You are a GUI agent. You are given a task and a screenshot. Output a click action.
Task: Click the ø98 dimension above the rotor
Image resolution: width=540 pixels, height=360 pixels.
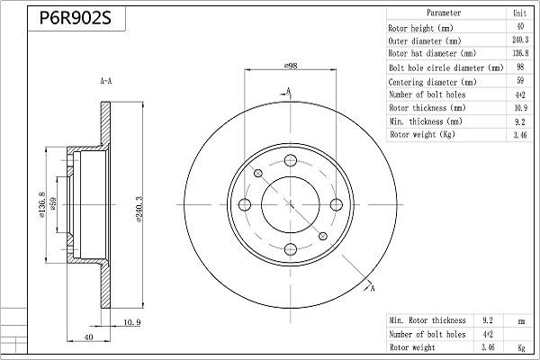(291, 67)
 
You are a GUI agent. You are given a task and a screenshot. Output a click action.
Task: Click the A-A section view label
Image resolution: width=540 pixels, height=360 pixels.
(105, 82)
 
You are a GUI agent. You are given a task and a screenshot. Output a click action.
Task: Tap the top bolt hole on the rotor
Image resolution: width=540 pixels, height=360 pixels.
(291, 161)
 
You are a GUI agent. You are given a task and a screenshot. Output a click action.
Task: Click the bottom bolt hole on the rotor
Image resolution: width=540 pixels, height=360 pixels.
(291, 248)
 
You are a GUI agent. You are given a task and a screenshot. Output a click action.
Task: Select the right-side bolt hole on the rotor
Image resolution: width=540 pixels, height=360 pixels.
(334, 205)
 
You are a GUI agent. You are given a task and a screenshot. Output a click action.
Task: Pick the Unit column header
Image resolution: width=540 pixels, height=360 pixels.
(519, 14)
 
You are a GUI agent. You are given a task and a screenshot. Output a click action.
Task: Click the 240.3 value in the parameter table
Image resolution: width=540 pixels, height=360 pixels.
(519, 40)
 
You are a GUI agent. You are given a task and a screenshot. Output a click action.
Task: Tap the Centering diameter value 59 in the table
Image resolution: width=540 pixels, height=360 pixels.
(519, 81)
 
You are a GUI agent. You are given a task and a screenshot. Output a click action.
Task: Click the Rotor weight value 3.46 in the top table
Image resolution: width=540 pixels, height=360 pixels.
(519, 134)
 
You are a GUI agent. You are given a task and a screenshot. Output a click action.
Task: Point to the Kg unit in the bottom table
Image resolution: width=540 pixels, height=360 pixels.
(521, 346)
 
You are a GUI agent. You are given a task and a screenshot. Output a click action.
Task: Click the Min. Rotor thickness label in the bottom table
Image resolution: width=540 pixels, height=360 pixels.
(427, 320)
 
